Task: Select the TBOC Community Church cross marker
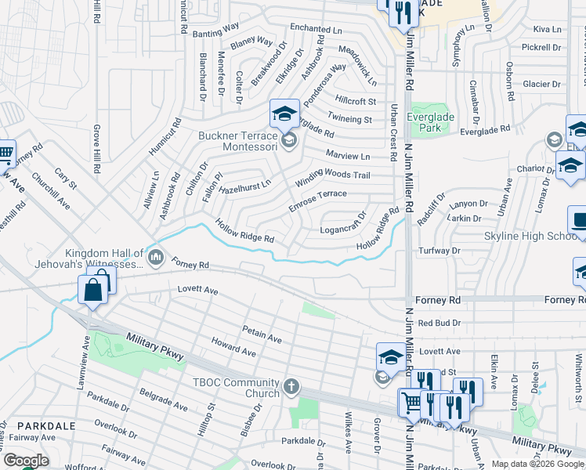(291, 385)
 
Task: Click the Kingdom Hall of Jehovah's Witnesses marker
(156, 257)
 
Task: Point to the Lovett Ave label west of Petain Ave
(197, 290)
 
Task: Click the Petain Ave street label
(262, 334)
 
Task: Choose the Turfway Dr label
(439, 251)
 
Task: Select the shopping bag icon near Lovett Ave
(93, 291)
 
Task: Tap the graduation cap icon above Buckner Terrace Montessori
(284, 114)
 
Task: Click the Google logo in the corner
(26, 461)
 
